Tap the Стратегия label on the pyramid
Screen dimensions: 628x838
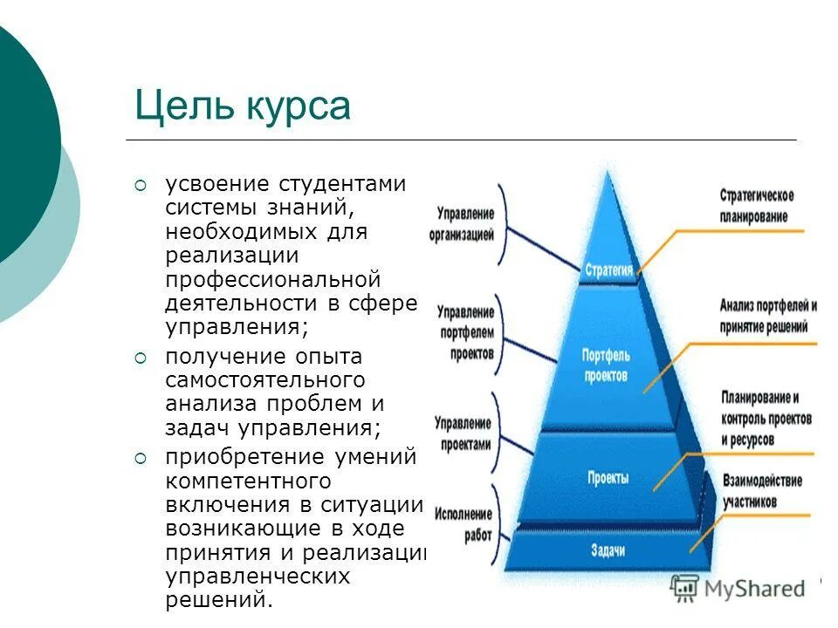tap(608, 270)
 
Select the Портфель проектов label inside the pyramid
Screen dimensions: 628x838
tap(605, 365)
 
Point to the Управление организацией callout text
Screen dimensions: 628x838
tap(462, 224)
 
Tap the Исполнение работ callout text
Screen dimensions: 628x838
tap(464, 525)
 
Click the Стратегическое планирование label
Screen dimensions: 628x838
tap(756, 206)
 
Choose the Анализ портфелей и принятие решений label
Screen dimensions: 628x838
tap(768, 315)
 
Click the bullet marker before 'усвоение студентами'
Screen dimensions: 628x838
tap(141, 185)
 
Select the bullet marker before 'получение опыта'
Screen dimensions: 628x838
tap(141, 358)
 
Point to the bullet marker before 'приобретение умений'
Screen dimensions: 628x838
tap(141, 457)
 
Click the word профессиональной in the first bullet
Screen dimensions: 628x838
tap(273, 280)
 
